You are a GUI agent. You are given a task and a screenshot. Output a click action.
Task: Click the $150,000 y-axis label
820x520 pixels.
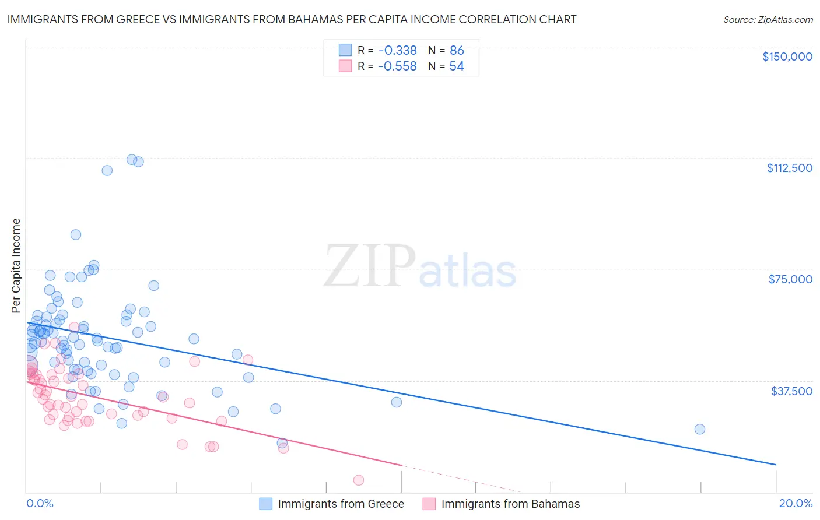tap(787, 57)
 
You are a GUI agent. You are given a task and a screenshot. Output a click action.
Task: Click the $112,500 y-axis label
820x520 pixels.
tap(789, 168)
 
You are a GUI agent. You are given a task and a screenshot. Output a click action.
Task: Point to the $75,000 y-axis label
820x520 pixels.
tap(790, 279)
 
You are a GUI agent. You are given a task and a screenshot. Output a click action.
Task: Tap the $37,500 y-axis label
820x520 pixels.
tap(791, 391)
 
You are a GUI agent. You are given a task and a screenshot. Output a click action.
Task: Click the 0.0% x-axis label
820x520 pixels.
tap(40, 503)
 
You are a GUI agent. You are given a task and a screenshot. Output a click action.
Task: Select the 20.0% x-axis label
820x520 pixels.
tap(796, 503)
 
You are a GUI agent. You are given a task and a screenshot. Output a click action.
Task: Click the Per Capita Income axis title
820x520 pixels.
tap(16, 265)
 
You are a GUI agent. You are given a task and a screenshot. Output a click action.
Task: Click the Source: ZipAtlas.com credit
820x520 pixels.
tap(768, 20)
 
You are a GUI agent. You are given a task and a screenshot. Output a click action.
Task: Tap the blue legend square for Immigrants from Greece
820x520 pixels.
tap(266, 504)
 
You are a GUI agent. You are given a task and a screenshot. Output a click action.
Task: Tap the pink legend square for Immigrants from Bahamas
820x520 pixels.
tap(429, 504)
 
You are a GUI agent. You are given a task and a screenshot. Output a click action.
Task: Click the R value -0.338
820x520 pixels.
tap(397, 51)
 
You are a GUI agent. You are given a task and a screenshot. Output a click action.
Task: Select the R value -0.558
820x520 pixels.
tap(397, 66)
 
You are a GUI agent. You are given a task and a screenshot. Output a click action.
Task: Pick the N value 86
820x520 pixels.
tap(457, 51)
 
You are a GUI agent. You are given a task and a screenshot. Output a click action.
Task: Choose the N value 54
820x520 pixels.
tap(457, 66)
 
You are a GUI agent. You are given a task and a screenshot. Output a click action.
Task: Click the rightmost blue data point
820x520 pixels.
tap(700, 429)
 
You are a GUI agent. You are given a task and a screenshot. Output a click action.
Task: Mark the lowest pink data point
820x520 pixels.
tap(359, 480)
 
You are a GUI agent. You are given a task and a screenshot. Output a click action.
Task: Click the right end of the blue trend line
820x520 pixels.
tap(776, 465)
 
